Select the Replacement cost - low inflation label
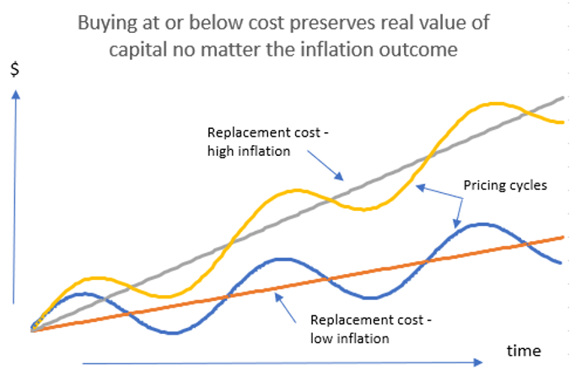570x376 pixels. pos(360,329)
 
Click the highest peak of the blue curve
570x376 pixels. pos(481,224)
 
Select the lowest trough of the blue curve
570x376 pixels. pos(173,332)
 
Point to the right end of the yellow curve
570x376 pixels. pos(562,123)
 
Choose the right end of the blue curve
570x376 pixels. pos(562,263)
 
